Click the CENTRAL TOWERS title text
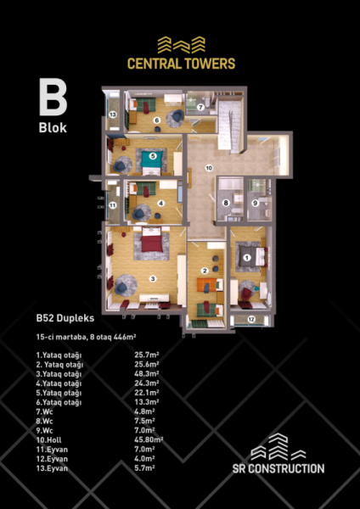pos(181,64)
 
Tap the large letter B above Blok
pos(53,97)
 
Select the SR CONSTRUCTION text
pos(278,469)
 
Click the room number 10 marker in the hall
pos(209,168)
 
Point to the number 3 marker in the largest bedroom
pos(152,278)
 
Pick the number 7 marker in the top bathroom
pos(200,107)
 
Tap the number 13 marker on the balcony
pos(113,115)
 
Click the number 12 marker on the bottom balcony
pos(251,320)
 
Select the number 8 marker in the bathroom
pos(226,204)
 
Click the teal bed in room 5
pos(153,159)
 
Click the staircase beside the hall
pos(229,126)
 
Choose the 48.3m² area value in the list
pos(147,373)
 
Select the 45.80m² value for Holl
pos(149,439)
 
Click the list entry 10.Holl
pos(48,440)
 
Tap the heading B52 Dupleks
pos(65,318)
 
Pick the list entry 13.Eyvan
pos(52,468)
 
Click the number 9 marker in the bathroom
pos(256,204)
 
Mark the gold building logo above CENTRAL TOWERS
pos(182,45)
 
